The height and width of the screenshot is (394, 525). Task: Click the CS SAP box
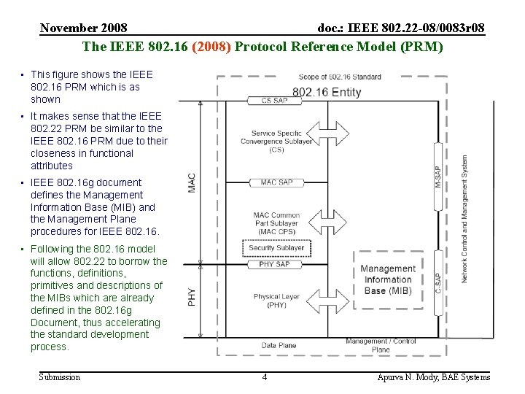coord(275,100)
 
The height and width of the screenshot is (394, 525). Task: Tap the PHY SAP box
coord(275,264)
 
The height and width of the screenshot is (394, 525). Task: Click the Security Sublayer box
coord(276,247)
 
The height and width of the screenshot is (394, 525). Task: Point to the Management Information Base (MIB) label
coord(388,279)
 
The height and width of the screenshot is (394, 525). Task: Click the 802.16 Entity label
coord(327,92)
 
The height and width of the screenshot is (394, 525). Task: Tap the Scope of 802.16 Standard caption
coord(340,77)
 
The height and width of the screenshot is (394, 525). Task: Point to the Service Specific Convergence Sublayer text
coord(276,142)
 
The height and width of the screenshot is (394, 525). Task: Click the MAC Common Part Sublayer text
coord(276,223)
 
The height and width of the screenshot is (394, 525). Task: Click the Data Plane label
coord(279,345)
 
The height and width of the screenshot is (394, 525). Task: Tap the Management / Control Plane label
coord(381,345)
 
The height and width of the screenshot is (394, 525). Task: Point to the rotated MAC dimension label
coord(192,182)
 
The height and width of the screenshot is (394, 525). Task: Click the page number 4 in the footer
coord(265,377)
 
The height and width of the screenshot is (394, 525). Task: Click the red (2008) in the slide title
coord(211,47)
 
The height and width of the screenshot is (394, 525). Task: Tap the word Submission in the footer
coord(60,377)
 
